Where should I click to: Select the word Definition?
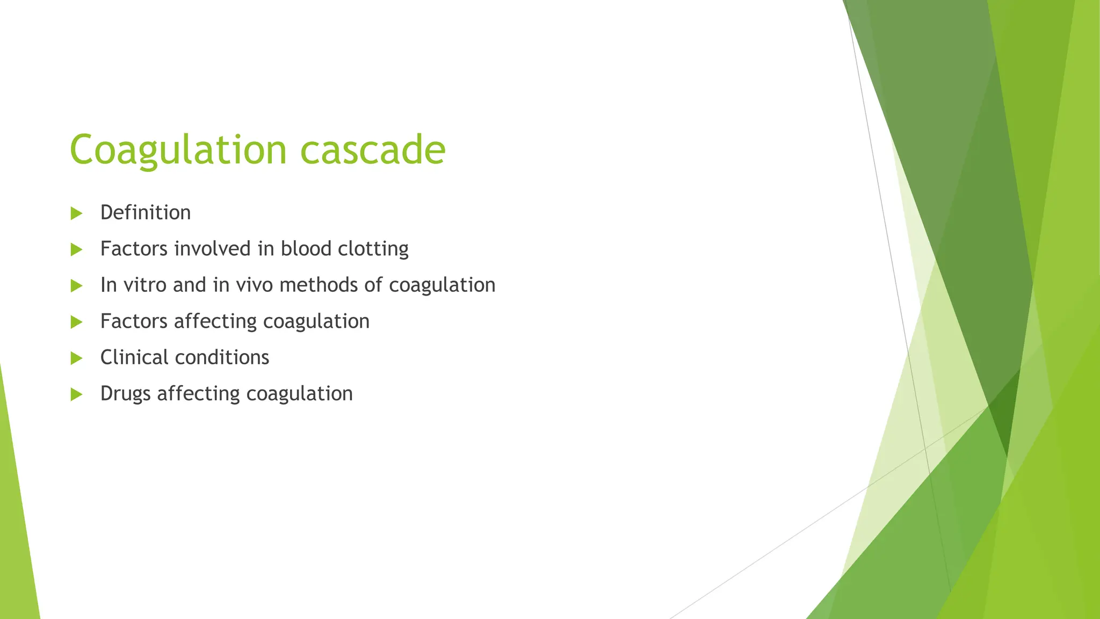tap(145, 213)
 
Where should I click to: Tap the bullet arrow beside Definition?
tap(76, 213)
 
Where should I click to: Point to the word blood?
tap(306, 249)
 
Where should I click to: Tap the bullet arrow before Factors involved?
tap(76, 249)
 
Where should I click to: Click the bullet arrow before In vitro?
tap(76, 286)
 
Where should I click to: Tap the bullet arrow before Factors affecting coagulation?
tap(76, 322)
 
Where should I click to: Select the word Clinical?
tap(134, 357)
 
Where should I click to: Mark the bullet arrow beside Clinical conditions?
tap(76, 358)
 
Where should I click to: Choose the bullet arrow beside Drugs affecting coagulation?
tap(76, 394)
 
